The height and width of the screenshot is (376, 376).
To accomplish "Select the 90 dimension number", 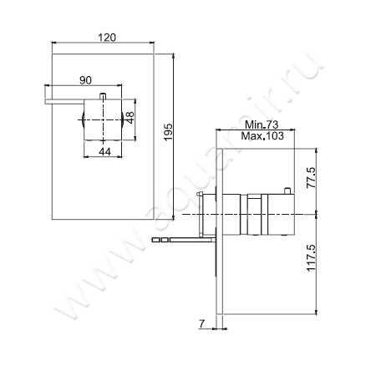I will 86,79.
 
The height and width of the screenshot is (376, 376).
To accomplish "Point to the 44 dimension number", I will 104,151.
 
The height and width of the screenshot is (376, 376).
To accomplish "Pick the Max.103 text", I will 262,135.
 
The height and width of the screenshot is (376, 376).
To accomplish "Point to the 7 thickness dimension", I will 201,323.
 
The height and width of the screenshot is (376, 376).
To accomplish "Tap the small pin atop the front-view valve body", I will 103,94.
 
